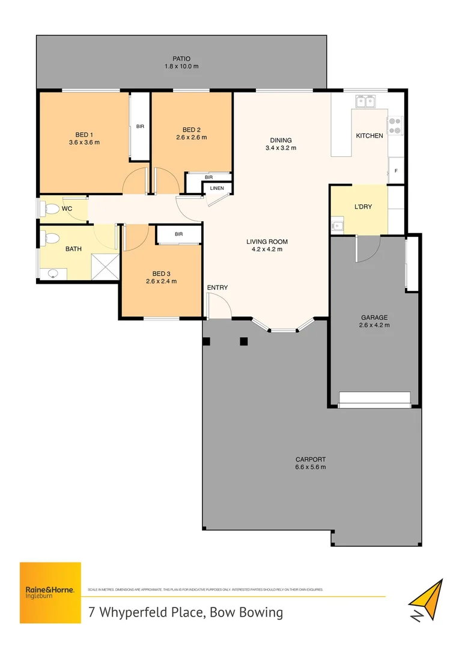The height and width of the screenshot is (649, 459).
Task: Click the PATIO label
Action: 181,58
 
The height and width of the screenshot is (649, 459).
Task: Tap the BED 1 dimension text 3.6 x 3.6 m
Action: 84,142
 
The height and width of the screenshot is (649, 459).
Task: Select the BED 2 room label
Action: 191,130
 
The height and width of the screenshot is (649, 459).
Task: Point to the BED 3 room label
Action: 161,273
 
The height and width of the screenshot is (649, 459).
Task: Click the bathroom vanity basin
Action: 53,274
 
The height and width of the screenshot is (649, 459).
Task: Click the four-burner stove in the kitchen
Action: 395,125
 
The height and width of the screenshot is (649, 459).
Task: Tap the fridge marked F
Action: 396,171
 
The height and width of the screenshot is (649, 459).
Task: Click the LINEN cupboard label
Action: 216,189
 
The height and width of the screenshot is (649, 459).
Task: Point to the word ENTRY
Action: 217,288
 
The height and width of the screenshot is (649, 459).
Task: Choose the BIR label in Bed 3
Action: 178,234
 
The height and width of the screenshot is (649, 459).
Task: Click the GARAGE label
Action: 374,317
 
